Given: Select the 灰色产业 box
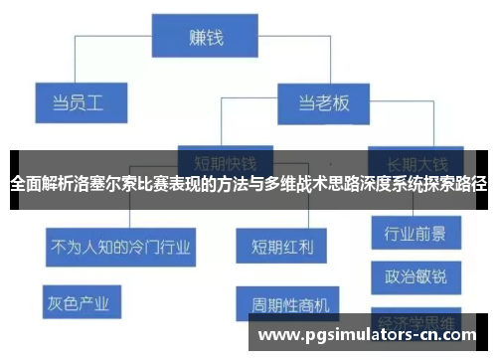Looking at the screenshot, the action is pyautogui.click(x=79, y=299).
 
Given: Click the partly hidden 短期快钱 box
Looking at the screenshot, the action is pyautogui.click(x=224, y=161).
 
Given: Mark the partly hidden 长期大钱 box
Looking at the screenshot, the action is pyautogui.click(x=414, y=161).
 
